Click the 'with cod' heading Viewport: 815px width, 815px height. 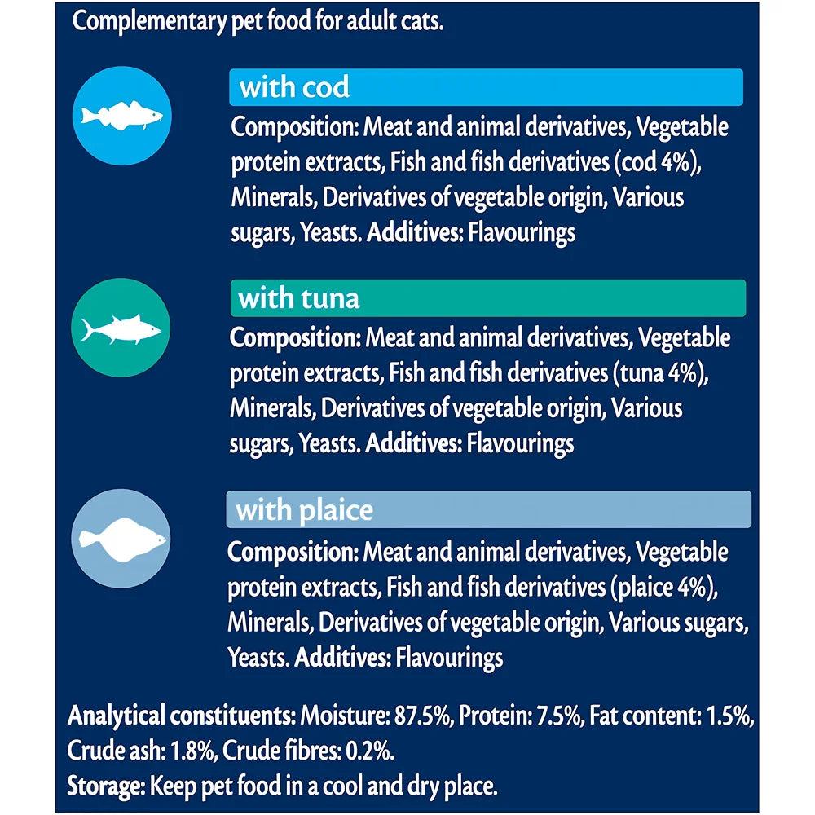294,87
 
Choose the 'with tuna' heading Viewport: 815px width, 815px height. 298,298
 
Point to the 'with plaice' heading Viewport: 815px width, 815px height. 304,510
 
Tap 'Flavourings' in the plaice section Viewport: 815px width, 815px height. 449,657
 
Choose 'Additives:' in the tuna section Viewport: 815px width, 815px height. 413,443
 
